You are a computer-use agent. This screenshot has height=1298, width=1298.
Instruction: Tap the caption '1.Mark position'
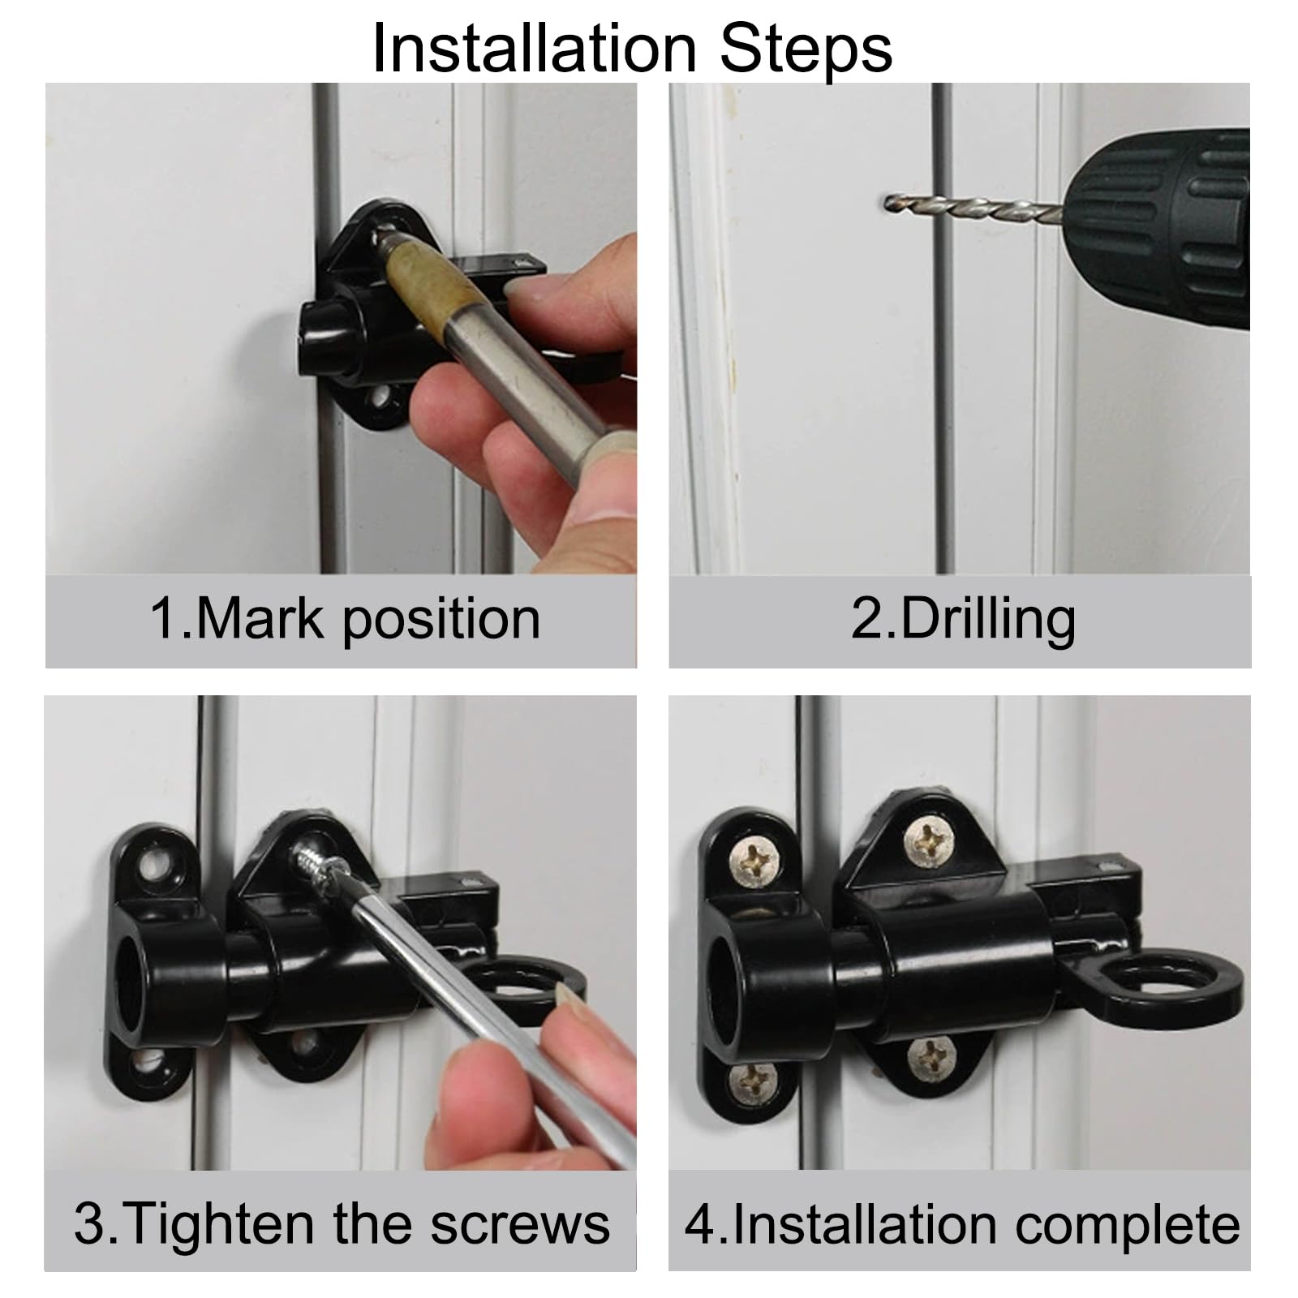[345, 620]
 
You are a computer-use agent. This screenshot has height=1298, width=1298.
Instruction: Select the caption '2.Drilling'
[963, 620]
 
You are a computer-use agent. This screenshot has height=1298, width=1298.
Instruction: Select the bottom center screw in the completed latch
[931, 1056]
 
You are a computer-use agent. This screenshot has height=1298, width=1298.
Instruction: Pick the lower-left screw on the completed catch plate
[754, 1081]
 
